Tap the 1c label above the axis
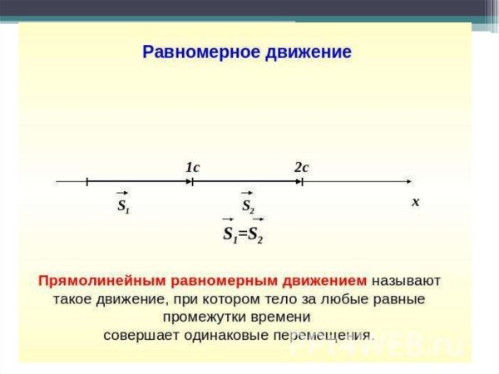point(192,167)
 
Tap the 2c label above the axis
point(301,167)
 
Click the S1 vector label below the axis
point(123,204)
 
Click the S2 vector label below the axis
point(248,204)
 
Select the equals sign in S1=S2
point(243,234)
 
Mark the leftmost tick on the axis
point(86,180)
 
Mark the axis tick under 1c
point(193,180)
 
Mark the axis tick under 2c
point(301,180)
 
